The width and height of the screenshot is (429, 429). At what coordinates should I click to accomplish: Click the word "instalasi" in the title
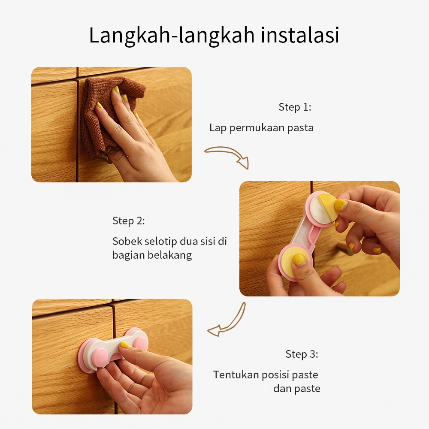pyautogui.click(x=300, y=35)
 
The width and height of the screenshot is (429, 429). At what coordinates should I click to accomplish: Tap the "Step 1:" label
pyautogui.click(x=295, y=107)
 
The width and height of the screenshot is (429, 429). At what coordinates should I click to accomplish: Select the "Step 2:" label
pyautogui.click(x=129, y=221)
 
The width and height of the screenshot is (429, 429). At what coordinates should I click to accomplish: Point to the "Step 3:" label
pyautogui.click(x=302, y=354)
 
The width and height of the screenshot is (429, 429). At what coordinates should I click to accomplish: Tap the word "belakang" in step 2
pyautogui.click(x=169, y=255)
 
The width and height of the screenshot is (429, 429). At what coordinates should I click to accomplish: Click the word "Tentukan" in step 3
pyautogui.click(x=236, y=375)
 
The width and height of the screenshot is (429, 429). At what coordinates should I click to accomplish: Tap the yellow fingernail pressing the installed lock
pyautogui.click(x=125, y=345)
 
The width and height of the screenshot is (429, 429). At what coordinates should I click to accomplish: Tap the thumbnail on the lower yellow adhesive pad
pyautogui.click(x=299, y=259)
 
